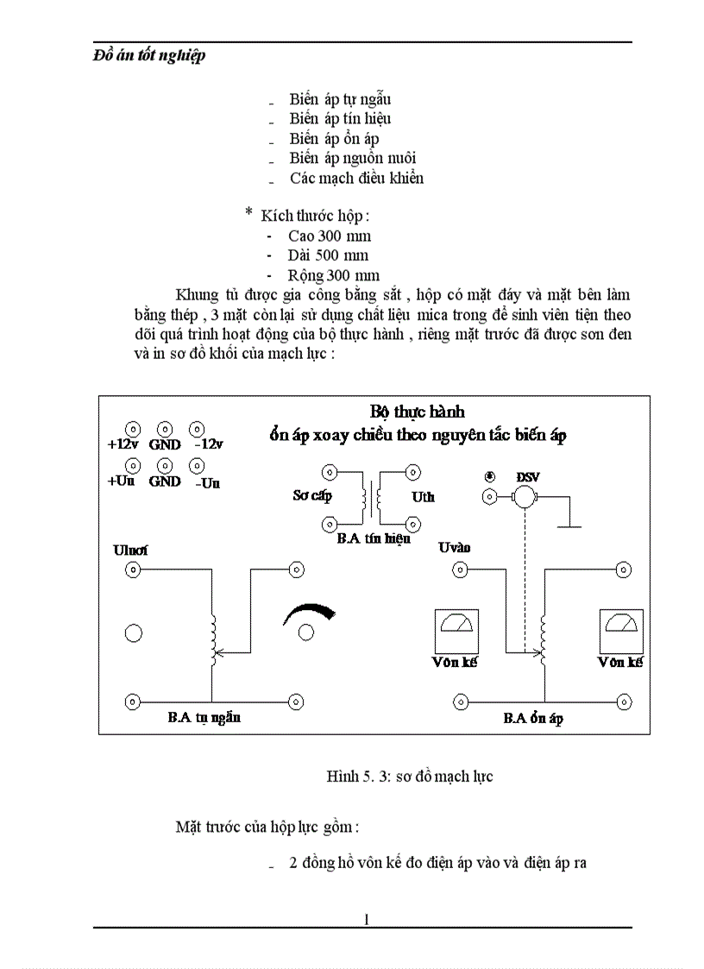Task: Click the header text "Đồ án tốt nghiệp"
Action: tap(149, 56)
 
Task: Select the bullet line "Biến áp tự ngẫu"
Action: tap(340, 99)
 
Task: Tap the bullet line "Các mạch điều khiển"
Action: tap(356, 179)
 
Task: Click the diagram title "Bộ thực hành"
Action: tap(417, 411)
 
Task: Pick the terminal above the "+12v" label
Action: tap(133, 428)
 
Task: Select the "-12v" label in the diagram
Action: tap(208, 444)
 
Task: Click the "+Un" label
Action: tap(121, 481)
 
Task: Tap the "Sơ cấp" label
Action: tap(312, 496)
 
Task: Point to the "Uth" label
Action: tap(423, 497)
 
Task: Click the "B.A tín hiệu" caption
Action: tap(373, 538)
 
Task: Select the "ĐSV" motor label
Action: tap(526, 477)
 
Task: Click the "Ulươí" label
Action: tap(130, 550)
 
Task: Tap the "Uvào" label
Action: tap(455, 548)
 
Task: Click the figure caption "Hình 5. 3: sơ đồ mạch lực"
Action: tap(409, 777)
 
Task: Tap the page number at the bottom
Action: tap(367, 919)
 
